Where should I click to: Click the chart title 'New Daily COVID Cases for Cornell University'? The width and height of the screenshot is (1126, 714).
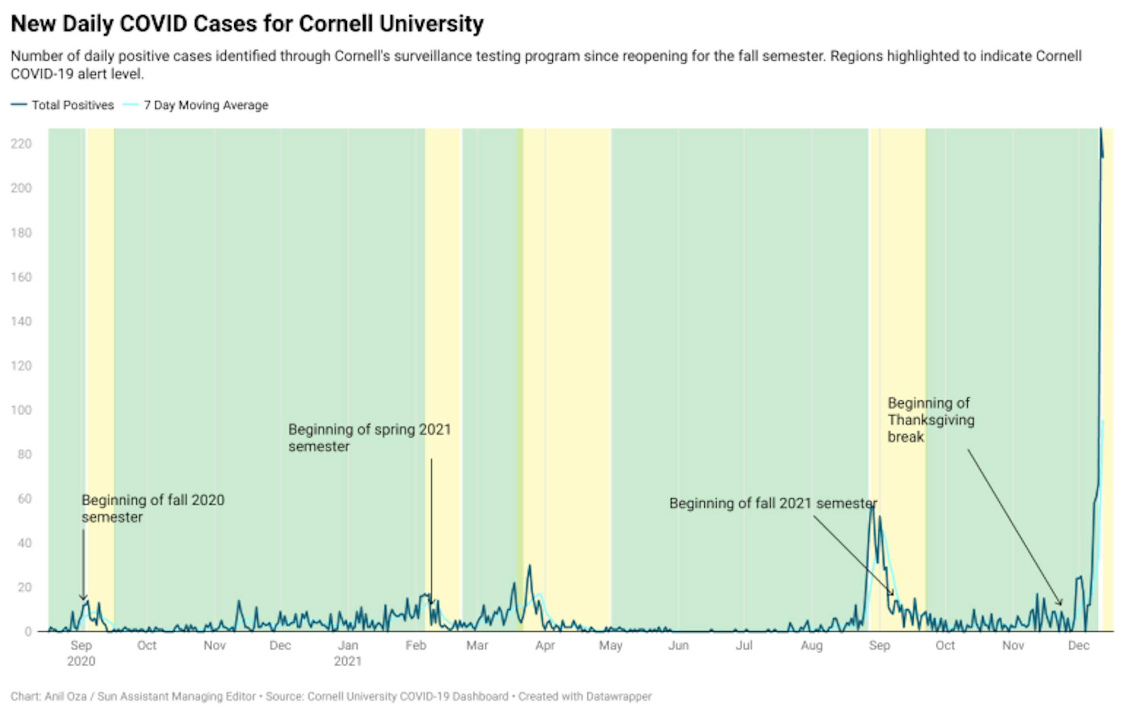click(x=247, y=24)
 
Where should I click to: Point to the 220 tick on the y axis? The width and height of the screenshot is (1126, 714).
click(x=21, y=144)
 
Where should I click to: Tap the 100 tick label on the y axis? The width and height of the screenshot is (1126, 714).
click(x=21, y=410)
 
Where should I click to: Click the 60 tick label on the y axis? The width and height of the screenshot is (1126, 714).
click(x=24, y=499)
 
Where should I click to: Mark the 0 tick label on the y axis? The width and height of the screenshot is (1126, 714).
click(x=28, y=632)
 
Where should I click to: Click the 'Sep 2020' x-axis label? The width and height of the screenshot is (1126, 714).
click(x=81, y=653)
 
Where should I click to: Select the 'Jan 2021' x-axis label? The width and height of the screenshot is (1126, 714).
click(x=347, y=653)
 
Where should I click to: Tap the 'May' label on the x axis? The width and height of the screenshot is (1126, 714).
click(x=610, y=645)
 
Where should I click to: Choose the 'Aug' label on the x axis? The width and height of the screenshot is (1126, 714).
click(x=811, y=645)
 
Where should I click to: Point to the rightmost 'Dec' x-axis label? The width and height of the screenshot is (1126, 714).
click(x=1079, y=645)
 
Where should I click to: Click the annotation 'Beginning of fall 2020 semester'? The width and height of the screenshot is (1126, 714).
click(x=153, y=508)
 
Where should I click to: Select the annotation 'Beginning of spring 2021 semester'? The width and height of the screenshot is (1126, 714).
click(x=369, y=438)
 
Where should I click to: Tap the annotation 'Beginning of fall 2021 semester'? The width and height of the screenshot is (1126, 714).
click(x=772, y=503)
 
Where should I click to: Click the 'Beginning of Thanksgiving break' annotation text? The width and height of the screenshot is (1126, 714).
click(x=931, y=420)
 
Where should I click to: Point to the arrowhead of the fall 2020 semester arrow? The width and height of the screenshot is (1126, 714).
click(x=83, y=599)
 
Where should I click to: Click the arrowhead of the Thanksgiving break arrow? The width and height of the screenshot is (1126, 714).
click(x=1061, y=605)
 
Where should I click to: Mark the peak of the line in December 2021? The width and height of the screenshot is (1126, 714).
click(x=1101, y=129)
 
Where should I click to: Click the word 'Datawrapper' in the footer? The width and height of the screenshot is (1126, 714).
click(x=618, y=697)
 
